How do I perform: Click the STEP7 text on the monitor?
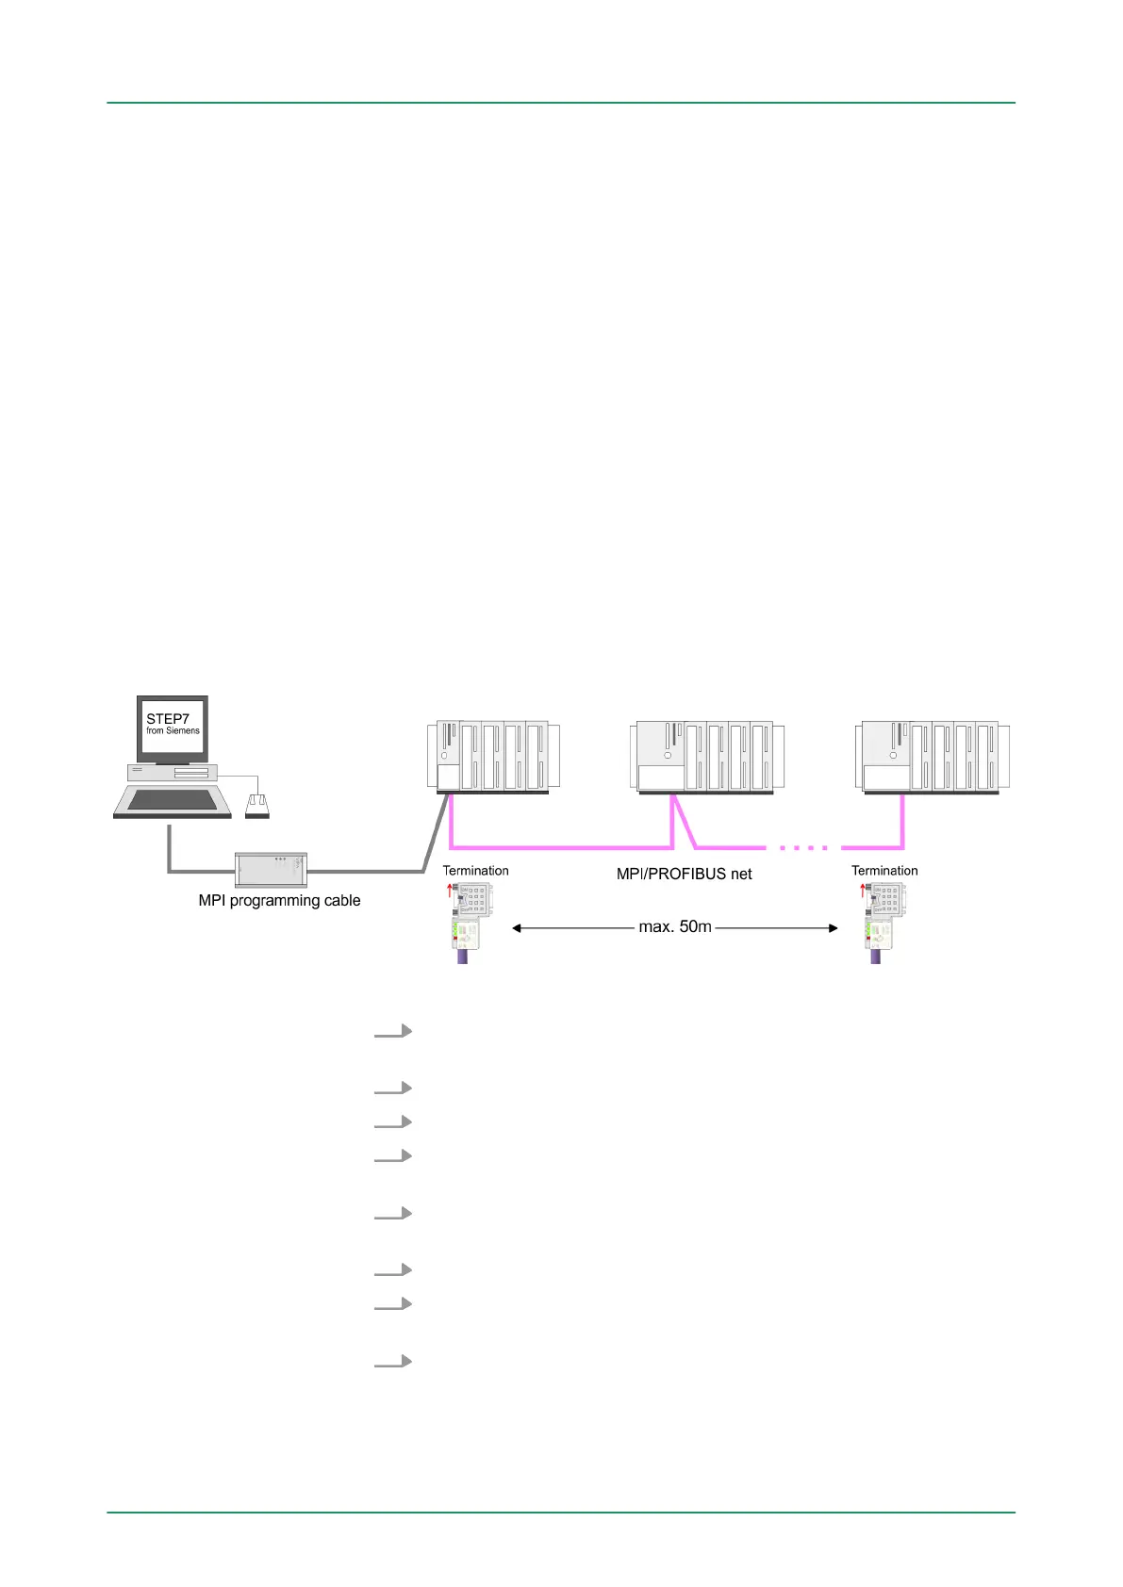(168, 718)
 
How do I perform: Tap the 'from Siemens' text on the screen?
(173, 730)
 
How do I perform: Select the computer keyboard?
(173, 801)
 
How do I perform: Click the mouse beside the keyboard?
(256, 806)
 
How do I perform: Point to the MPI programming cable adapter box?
(271, 869)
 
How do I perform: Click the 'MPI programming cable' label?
(279, 901)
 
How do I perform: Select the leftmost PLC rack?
(493, 757)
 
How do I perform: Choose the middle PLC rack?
(706, 757)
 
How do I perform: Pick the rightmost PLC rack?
(932, 757)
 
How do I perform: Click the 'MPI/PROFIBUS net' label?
(684, 875)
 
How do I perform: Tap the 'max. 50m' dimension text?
(675, 927)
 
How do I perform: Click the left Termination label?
(475, 871)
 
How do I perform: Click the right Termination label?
(884, 871)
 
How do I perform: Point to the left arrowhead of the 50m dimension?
(517, 928)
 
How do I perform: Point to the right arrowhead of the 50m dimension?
(833, 928)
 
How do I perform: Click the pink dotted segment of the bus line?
(804, 847)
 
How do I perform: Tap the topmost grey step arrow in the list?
(393, 1031)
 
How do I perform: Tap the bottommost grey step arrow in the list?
(393, 1362)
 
